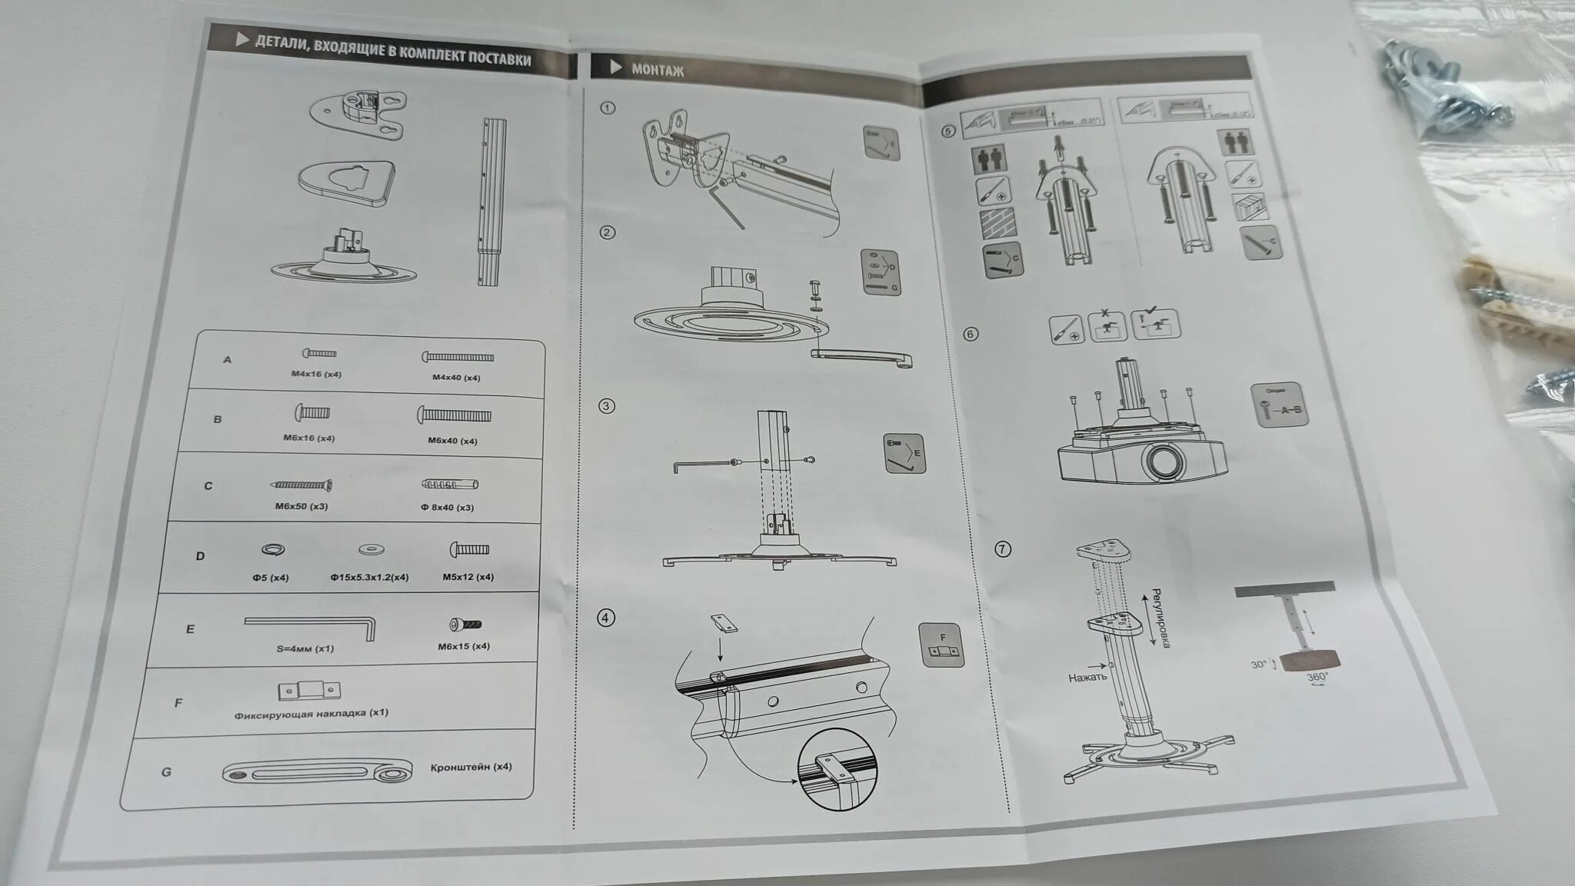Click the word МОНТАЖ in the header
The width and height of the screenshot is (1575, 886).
tap(658, 70)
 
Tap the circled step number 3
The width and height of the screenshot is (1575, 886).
tap(607, 405)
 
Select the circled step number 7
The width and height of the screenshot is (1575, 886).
tap(1002, 549)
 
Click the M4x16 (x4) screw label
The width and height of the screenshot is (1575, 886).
tap(316, 375)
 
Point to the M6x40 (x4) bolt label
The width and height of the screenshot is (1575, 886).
tap(452, 441)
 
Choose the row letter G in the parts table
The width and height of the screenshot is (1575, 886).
tap(166, 771)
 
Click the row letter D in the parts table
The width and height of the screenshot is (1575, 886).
tap(200, 556)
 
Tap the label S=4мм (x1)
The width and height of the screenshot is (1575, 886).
tap(305, 648)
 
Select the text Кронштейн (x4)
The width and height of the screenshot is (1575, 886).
tap(471, 767)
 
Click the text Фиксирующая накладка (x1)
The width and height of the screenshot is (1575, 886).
tap(311, 714)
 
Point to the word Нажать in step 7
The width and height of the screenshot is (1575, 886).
tap(1087, 678)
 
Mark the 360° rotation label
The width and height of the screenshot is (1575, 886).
tap(1317, 678)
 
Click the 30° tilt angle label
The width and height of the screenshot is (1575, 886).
tap(1258, 664)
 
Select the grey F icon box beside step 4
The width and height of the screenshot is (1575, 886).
tap(942, 645)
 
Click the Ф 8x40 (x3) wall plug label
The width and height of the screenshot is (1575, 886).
tap(448, 508)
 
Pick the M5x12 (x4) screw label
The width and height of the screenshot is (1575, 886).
tap(468, 577)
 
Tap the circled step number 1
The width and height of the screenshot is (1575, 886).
tap(608, 108)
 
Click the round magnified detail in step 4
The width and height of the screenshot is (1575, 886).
tap(837, 769)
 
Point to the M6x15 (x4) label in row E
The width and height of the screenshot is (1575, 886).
tap(464, 646)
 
